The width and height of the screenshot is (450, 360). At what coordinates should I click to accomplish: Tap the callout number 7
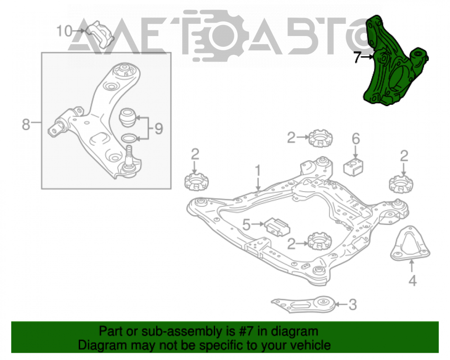pos(357,57)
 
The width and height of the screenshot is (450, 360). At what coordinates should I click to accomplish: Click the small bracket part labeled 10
pos(100,34)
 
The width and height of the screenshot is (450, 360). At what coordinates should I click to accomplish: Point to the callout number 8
pos(26,125)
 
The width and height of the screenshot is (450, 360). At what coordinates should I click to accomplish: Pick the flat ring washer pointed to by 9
pos(129,138)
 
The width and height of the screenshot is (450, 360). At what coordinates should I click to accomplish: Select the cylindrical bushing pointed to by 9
pos(127,117)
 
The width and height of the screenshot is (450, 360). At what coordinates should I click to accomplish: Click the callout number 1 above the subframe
pos(258,171)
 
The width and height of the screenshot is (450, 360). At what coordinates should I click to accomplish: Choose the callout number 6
pos(356,139)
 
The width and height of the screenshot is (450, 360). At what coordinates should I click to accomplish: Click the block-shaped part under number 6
pos(353,166)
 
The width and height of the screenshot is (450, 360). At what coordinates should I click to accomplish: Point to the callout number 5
pos(247,225)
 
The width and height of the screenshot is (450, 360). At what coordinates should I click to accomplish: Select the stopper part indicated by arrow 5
pos(277,227)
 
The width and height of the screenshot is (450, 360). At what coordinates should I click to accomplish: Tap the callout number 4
pos(412,280)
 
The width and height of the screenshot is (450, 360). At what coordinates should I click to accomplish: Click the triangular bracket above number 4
pos(410,243)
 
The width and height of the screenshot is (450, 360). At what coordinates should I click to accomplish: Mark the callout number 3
pos(353,304)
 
